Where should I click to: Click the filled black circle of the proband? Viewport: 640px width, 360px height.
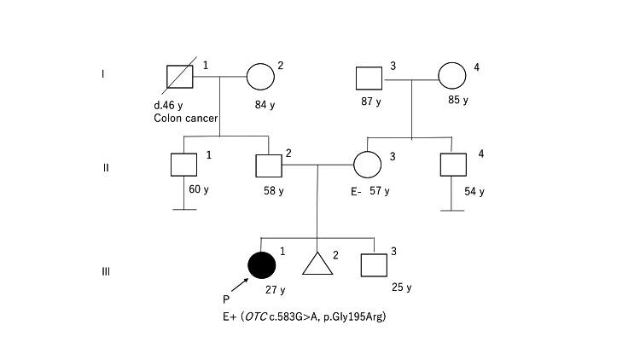click(x=262, y=265)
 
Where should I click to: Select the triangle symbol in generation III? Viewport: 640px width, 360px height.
click(x=317, y=265)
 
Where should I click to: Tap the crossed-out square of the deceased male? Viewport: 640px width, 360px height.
click(x=180, y=76)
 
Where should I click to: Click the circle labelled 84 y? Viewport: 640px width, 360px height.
click(x=260, y=77)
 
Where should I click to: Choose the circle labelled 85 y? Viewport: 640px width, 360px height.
click(x=452, y=77)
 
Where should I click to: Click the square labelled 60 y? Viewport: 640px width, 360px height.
click(x=183, y=165)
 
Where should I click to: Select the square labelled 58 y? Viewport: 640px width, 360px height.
click(x=269, y=165)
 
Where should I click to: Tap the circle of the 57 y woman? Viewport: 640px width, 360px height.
click(x=367, y=165)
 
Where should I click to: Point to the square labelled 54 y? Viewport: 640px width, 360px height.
click(x=452, y=165)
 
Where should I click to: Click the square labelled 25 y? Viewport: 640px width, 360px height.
click(x=373, y=265)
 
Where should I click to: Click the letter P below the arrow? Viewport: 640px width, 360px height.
click(x=225, y=299)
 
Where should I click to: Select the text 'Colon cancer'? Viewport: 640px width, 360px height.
click(x=185, y=118)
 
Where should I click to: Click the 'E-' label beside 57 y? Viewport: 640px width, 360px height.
click(x=357, y=191)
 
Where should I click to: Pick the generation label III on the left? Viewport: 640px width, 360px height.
click(x=106, y=272)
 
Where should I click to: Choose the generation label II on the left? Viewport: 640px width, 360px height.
click(x=106, y=167)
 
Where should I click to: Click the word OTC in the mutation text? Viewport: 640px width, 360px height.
click(x=254, y=316)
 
